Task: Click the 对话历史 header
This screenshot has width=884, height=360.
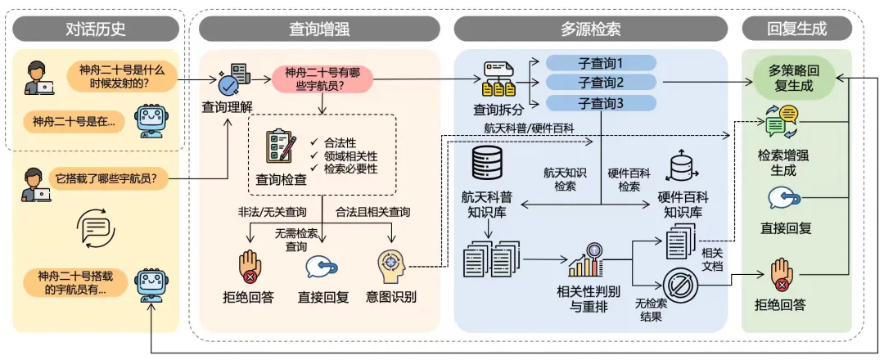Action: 96,29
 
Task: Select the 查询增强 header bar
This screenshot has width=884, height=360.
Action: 319,29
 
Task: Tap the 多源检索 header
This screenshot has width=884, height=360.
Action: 590,29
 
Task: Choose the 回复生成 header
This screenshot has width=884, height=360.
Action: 796,29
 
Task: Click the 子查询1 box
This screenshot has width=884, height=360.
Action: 601,63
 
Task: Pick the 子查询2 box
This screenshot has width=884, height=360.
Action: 601,83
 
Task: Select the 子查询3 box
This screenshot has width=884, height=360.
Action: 601,103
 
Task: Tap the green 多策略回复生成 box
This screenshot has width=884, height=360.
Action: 796,79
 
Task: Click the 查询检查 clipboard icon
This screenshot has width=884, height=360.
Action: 281,147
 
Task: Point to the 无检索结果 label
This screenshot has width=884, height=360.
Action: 651,309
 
